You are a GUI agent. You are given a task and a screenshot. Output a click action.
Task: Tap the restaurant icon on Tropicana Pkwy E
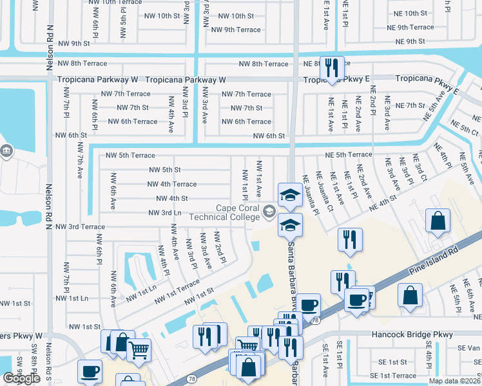coord(332,68)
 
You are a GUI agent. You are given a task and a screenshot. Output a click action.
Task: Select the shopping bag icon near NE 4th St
coord(438,221)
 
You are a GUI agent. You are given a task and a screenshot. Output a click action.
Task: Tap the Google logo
coord(21,378)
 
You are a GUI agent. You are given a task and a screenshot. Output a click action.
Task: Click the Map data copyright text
coord(455,381)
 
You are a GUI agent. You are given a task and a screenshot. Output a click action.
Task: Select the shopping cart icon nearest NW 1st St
coord(139,350)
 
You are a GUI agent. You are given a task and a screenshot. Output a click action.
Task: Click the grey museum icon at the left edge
coord(6,152)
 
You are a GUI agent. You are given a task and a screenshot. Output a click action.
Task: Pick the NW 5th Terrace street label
coord(130,156)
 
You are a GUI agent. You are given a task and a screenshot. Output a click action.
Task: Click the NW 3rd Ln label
coord(167,212)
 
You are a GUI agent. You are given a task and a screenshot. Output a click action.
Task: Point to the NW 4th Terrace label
coord(172,184)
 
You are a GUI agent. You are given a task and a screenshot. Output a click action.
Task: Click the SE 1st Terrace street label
coord(394,375)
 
